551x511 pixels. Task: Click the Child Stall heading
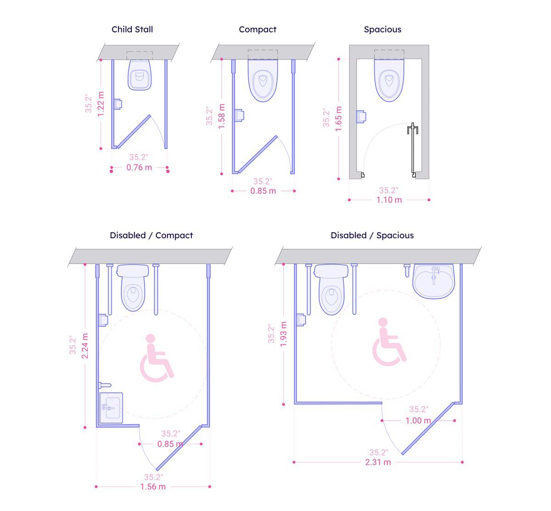tap(132, 29)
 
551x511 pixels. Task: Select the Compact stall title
tap(258, 29)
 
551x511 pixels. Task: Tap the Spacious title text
tap(382, 29)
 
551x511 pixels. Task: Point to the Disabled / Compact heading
tap(151, 235)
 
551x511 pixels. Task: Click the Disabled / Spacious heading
tap(372, 235)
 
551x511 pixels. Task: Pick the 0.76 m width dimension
tap(139, 168)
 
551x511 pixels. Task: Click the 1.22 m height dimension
tap(101, 104)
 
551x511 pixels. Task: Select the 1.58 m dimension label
tap(221, 116)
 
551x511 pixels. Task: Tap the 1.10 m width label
tap(389, 200)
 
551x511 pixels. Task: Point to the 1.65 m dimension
tap(338, 119)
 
